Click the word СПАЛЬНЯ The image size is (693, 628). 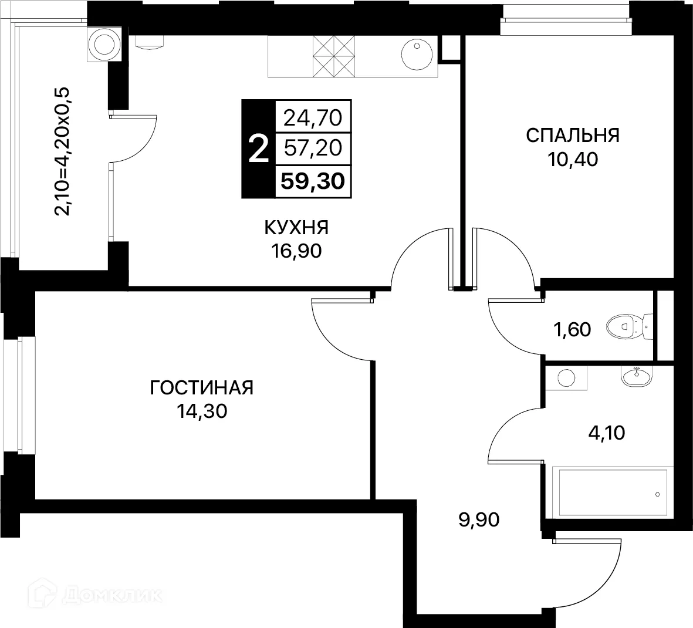pyautogui.click(x=572, y=136)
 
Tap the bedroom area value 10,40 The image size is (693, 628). pyautogui.click(x=572, y=159)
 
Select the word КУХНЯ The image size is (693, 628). pyautogui.click(x=296, y=228)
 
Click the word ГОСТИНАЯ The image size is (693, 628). pyautogui.click(x=202, y=388)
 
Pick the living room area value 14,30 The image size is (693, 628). pyautogui.click(x=202, y=411)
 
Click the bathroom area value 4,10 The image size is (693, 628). pyautogui.click(x=606, y=433)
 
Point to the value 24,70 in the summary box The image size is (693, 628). pyautogui.click(x=312, y=118)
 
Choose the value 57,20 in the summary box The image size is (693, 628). pyautogui.click(x=312, y=148)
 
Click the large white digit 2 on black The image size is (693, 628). pyautogui.click(x=258, y=149)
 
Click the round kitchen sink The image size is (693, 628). pyautogui.click(x=417, y=56)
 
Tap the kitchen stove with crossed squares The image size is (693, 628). pyautogui.click(x=334, y=56)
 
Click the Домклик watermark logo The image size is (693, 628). pyautogui.click(x=94, y=599)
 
